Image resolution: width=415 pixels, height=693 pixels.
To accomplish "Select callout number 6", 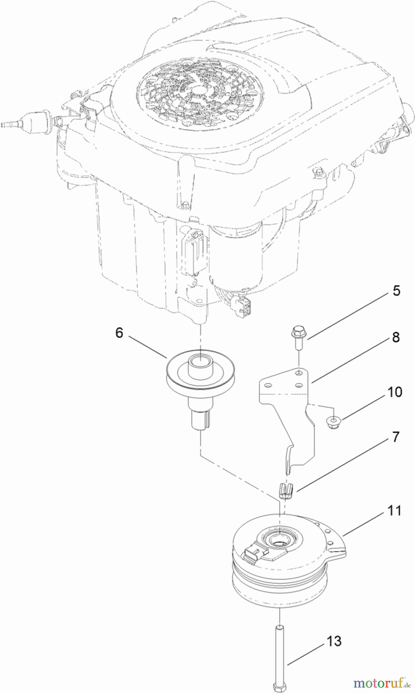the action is click(119, 332).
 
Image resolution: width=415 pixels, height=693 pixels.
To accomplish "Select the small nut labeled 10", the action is click(333, 422).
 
